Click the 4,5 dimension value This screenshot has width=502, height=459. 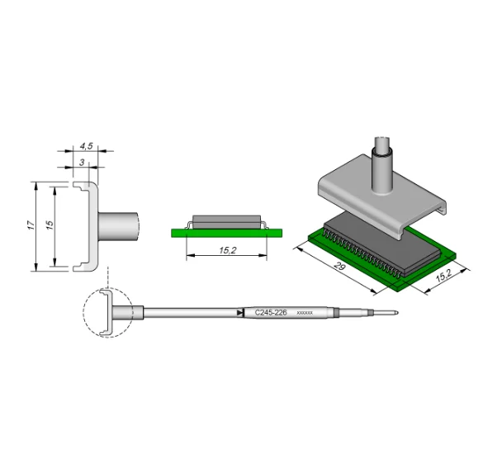pos(85,146)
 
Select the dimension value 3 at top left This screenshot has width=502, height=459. pos(83,163)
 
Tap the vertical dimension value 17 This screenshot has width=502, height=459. pos(31,225)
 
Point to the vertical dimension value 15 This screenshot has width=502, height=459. pos(50,225)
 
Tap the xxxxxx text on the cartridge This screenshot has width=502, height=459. pos(305,314)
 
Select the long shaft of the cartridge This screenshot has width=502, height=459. pos(190,313)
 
